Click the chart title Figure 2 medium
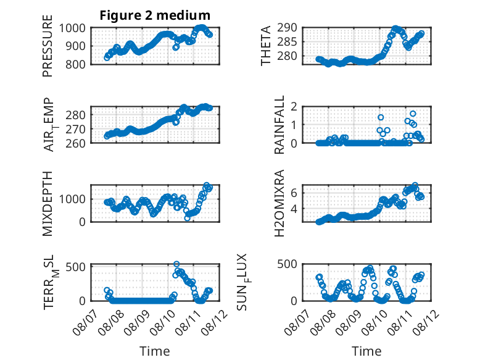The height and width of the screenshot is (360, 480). (155, 15)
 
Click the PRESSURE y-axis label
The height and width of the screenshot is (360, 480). (48, 46)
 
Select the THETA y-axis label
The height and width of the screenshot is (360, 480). (266, 46)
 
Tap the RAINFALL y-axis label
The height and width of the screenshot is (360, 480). (279, 125)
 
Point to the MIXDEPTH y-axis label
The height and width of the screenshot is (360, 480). (48, 204)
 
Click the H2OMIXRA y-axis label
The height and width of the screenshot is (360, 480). (279, 203)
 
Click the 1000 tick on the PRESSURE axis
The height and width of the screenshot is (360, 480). (72, 28)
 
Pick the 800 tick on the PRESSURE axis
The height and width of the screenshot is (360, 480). (75, 64)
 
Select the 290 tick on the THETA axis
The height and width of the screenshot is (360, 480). (287, 28)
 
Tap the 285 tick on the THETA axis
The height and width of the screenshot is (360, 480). (287, 41)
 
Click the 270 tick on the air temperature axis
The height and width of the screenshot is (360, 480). (75, 129)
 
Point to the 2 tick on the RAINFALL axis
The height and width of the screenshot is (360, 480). (294, 107)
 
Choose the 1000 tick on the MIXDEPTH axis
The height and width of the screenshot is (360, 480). (72, 199)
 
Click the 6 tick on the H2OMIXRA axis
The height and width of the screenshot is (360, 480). (294, 193)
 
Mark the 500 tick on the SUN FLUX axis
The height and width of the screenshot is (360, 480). (287, 264)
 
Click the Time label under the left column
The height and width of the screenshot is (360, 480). (155, 351)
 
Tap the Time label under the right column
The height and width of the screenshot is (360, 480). (366, 351)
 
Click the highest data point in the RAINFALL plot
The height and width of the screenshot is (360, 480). (413, 114)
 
